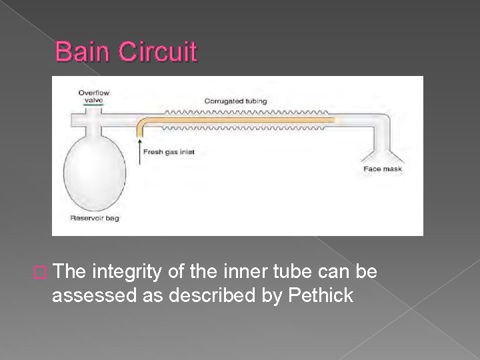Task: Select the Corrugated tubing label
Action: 235,101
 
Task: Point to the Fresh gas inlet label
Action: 169,152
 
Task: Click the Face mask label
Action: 383,169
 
